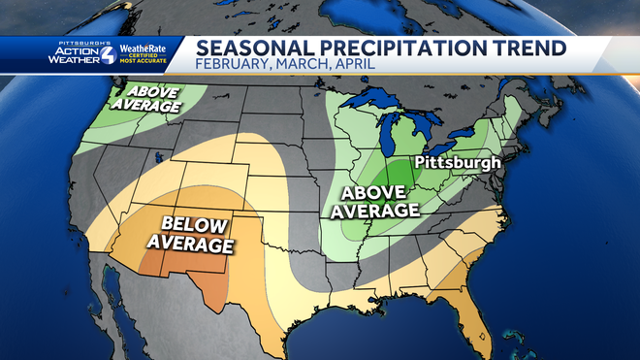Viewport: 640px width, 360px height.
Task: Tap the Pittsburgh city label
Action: pyautogui.click(x=457, y=162)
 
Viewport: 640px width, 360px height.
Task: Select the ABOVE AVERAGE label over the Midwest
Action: pyautogui.click(x=375, y=199)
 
